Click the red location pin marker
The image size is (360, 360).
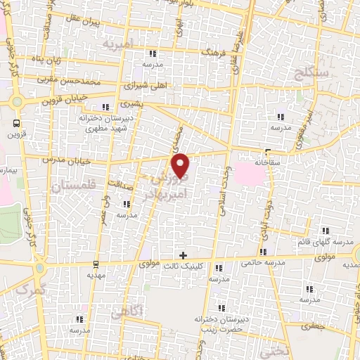click(x=181, y=165)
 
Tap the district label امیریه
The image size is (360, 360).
click(x=117, y=44)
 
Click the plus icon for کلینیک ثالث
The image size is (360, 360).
click(x=184, y=256)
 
